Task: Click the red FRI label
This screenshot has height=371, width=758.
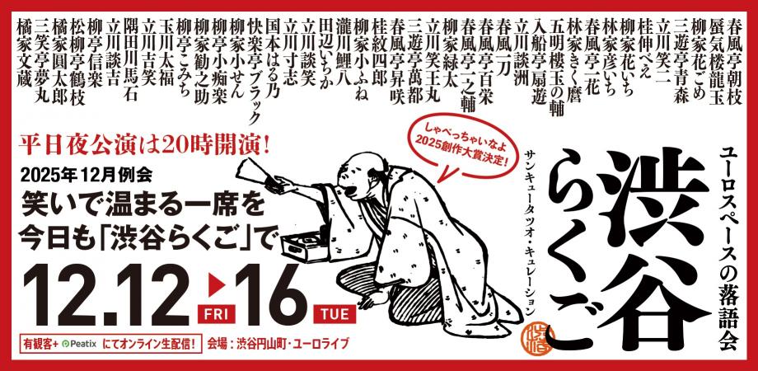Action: [x=216, y=313]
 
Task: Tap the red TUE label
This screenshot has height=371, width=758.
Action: [x=335, y=313]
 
